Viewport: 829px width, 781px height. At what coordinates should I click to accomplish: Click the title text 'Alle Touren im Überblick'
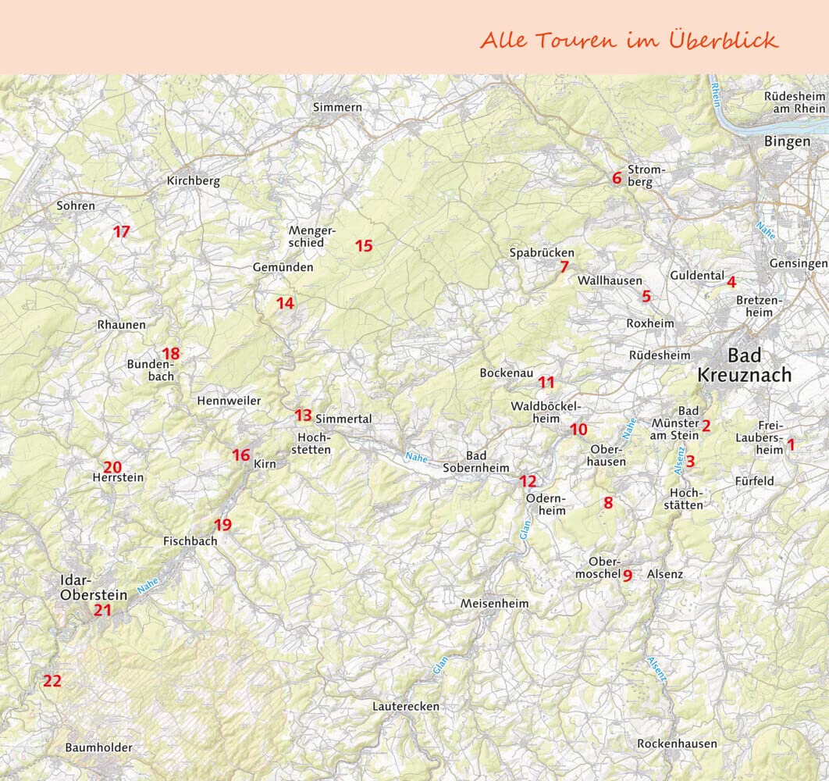click(629, 40)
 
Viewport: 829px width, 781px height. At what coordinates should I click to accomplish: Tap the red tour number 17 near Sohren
click(121, 231)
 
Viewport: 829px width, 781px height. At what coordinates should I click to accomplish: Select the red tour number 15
click(364, 246)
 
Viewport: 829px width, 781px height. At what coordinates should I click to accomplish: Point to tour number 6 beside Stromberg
click(617, 178)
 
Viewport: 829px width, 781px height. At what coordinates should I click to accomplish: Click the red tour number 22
click(52, 680)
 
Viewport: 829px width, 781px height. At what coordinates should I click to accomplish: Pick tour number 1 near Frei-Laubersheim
click(791, 444)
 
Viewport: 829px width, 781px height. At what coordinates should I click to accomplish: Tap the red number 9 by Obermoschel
click(627, 576)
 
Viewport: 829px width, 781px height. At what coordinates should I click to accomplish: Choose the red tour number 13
click(303, 415)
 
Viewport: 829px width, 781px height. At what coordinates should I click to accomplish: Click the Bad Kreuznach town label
click(744, 365)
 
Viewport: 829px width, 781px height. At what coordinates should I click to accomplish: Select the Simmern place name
click(337, 107)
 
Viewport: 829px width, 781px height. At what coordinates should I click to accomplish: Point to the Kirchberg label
click(194, 181)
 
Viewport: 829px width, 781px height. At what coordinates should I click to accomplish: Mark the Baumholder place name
click(98, 747)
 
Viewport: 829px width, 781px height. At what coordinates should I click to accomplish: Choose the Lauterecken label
click(406, 707)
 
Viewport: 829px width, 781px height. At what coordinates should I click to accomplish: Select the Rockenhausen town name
click(677, 744)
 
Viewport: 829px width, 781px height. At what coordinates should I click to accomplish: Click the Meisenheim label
click(494, 604)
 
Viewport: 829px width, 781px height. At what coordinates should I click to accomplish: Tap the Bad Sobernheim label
click(475, 462)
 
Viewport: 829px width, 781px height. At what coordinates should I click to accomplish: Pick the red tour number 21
click(102, 610)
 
